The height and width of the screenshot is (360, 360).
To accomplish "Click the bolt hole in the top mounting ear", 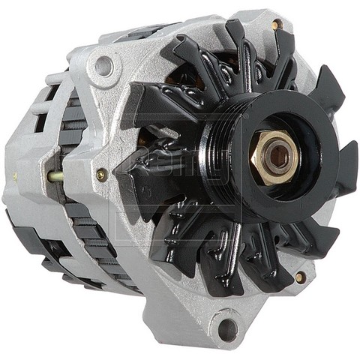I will [x=104, y=67].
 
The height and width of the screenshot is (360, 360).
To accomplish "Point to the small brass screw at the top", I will [x=277, y=25].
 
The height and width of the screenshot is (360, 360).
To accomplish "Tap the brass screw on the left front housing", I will [x=101, y=175].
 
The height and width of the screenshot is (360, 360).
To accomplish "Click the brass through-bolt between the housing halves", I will [x=57, y=177].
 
